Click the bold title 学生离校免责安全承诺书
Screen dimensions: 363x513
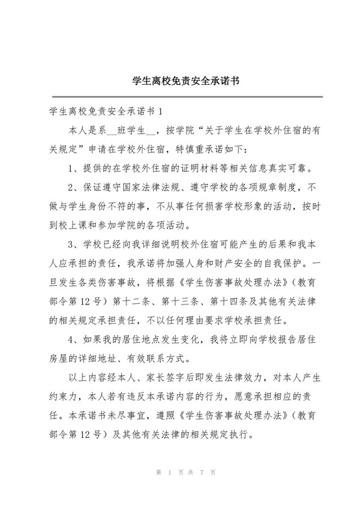(x=181, y=82)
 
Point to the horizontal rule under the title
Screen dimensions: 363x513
(x=181, y=97)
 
